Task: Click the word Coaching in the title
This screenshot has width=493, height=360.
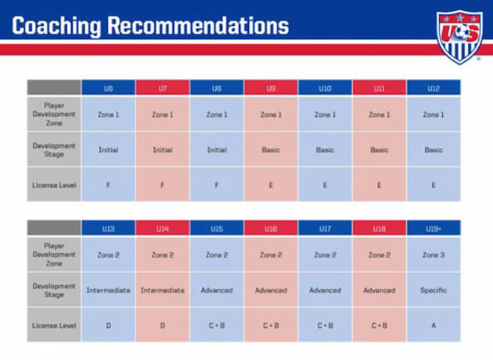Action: click(x=56, y=26)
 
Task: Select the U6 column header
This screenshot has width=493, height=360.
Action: click(x=108, y=88)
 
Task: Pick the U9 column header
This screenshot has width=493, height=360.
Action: click(x=271, y=88)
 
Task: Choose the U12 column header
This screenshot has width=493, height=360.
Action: click(x=434, y=88)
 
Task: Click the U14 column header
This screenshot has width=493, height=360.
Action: click(x=162, y=229)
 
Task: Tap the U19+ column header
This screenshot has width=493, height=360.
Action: click(x=434, y=229)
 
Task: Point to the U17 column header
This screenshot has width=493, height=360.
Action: click(x=325, y=229)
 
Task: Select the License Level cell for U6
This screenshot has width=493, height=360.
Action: click(x=108, y=185)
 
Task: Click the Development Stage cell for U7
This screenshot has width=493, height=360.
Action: click(x=162, y=149)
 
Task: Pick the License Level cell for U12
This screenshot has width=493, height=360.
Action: click(x=434, y=185)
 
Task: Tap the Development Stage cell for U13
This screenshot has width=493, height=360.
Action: click(x=108, y=290)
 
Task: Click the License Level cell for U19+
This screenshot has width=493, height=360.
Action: click(x=434, y=326)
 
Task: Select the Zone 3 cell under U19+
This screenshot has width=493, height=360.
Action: click(x=434, y=255)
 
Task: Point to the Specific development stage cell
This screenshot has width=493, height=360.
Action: click(x=434, y=290)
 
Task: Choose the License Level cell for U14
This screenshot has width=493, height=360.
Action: click(x=162, y=326)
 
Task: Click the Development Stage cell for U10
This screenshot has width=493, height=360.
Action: click(x=325, y=149)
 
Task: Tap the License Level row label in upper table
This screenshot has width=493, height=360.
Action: click(x=54, y=185)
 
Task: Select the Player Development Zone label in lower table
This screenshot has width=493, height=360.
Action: click(x=54, y=255)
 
